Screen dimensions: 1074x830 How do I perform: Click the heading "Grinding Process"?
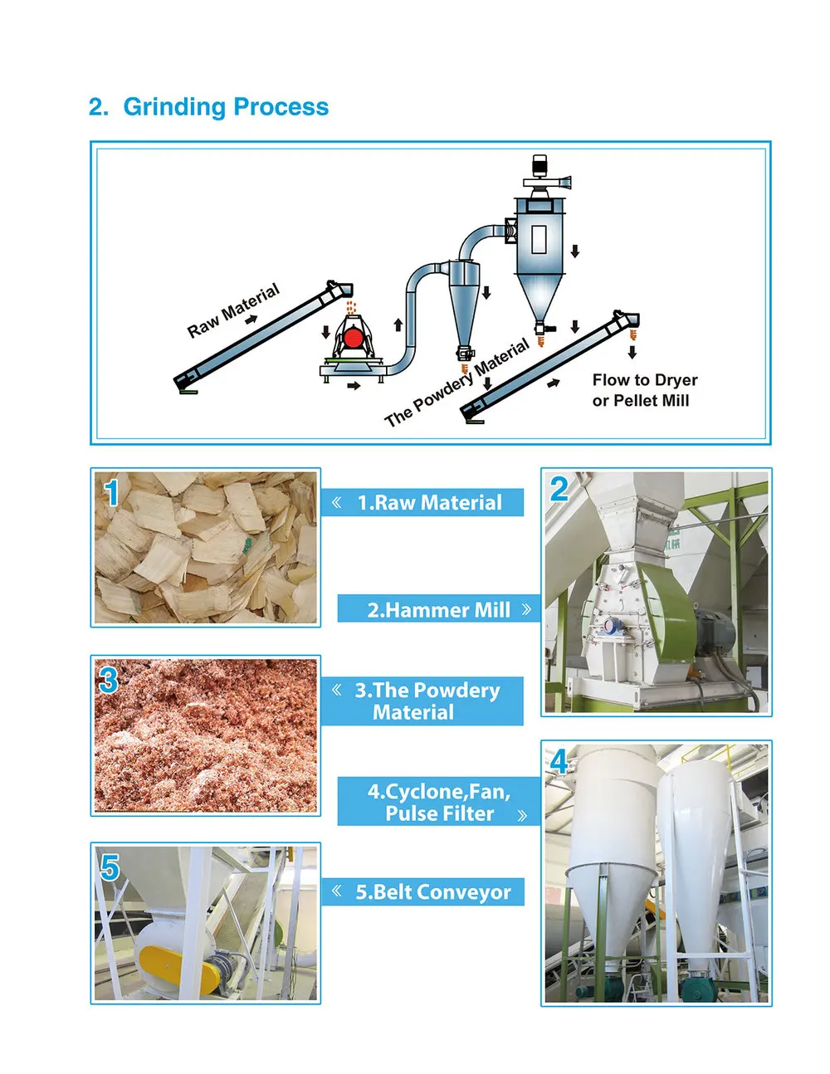pos(225,107)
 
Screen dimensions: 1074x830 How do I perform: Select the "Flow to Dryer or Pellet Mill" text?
pos(644,390)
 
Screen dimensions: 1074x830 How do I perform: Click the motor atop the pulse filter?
pos(541,165)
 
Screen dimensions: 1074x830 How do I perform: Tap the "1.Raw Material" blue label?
pos(422,502)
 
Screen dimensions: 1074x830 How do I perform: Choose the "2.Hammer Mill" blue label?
pos(439,610)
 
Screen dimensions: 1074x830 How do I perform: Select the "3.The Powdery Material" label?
pos(422,701)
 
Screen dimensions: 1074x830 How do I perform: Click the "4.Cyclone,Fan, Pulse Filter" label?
pos(439,802)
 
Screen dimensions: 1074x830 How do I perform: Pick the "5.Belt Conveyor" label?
pos(423,892)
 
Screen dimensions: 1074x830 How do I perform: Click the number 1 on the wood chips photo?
pos(111,493)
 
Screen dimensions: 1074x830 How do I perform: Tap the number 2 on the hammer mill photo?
pos(559,489)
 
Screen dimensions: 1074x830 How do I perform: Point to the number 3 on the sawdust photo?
pos(109,681)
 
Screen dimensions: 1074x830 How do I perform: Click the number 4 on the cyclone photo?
pos(559,761)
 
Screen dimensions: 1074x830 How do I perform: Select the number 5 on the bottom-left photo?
pos(110,868)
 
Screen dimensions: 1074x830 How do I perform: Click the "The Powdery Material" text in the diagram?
pos(456,383)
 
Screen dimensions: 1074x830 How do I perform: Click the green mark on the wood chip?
pos(245,545)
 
